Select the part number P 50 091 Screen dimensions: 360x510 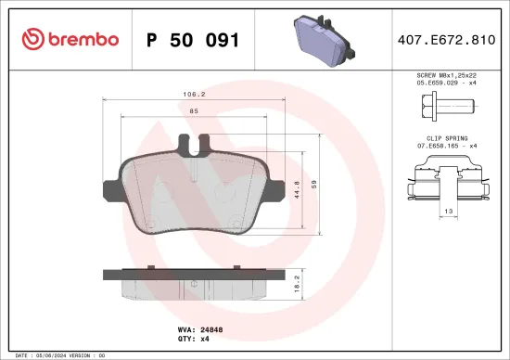coord(193,40)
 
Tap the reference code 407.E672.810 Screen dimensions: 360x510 coord(444,40)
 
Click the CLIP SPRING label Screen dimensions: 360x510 coord(446,136)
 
